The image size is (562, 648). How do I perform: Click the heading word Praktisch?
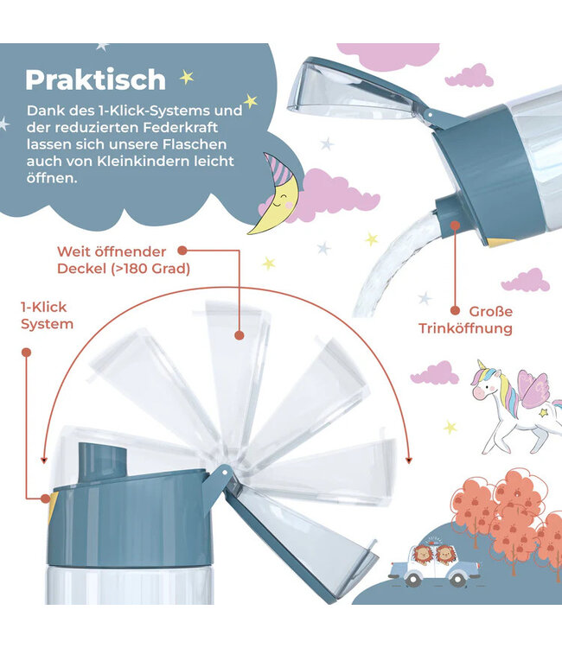pos(95,79)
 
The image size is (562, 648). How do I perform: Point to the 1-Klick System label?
pos(48,315)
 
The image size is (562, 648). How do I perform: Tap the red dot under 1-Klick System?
pos(26,353)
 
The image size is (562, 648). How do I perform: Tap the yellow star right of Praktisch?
pos(186,77)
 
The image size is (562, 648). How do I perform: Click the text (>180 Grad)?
pos(148,268)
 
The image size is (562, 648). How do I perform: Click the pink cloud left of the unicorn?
pos(434,373)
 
